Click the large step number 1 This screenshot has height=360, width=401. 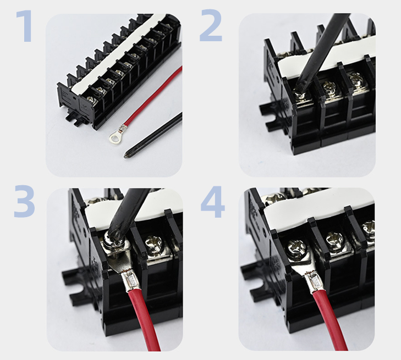[x=25, y=26]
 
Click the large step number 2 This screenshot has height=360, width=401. [x=211, y=25]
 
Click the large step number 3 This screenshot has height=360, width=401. [x=24, y=202]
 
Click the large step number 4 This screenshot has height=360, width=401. [x=213, y=202]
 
